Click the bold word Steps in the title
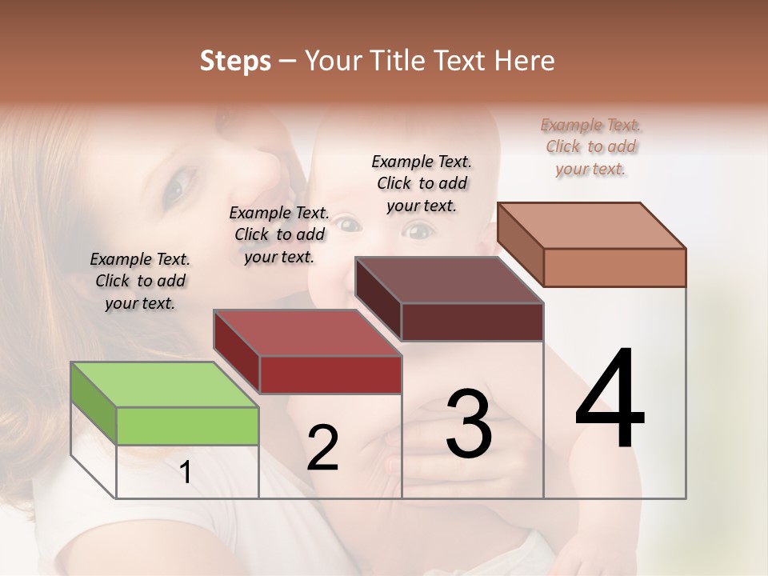point(235,62)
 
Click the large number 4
point(610,400)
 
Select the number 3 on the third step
point(469,423)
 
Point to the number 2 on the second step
point(323,448)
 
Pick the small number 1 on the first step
point(186,473)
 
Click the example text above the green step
point(140,281)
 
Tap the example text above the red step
point(279,234)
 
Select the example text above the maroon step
point(422,183)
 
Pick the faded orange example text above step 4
point(590,146)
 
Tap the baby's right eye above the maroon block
point(417,232)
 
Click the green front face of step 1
point(187,426)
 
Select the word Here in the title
point(525,62)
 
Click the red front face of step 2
point(330,374)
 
